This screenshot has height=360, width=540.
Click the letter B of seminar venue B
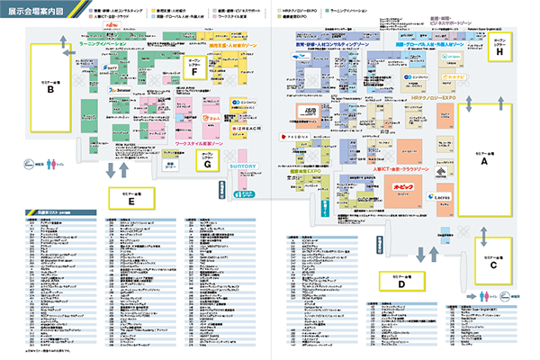point(51,89)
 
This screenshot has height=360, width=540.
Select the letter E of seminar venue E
point(131,201)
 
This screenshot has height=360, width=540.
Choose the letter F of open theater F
point(193,71)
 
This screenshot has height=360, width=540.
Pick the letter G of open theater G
point(208,165)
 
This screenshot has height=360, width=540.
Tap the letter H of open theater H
point(500,51)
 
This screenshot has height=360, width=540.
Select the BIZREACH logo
point(243,129)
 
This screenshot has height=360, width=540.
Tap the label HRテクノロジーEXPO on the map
point(434,96)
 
